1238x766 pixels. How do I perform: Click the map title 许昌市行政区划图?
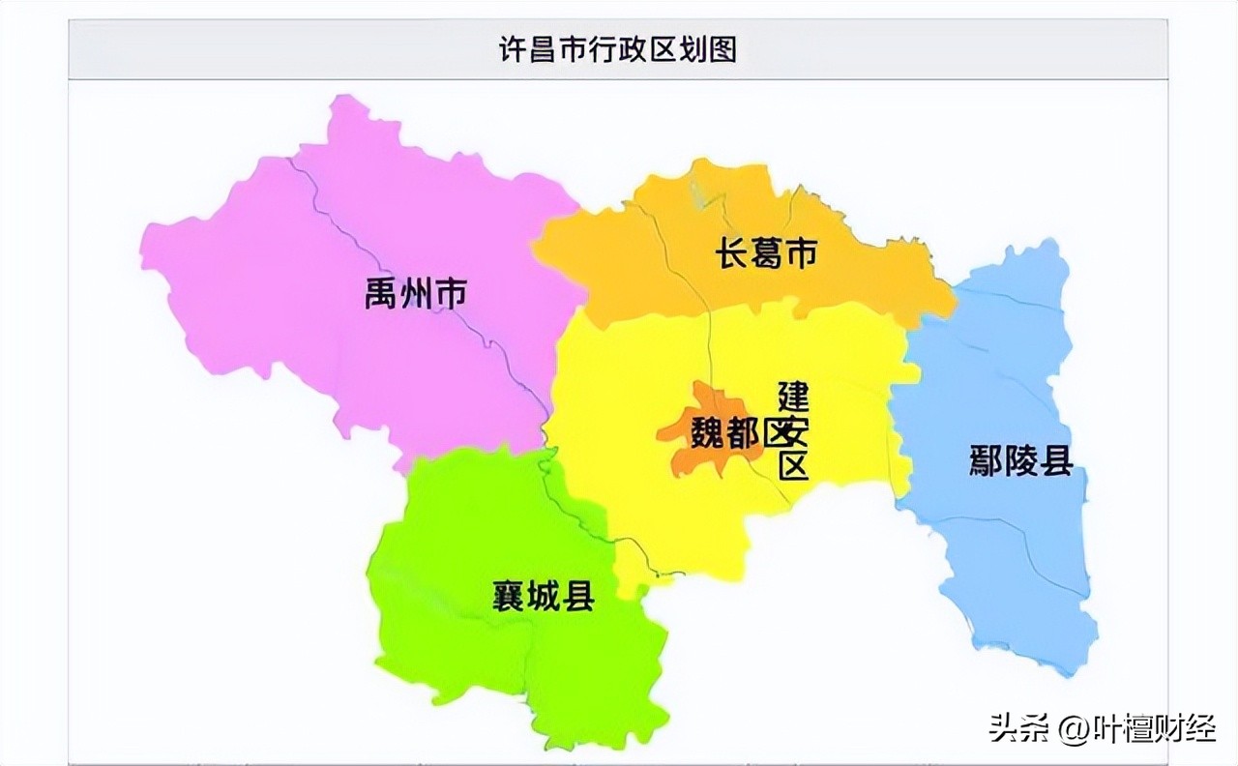[618, 48]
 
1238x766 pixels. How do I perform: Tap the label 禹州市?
[416, 292]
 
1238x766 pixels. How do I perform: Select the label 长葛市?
[766, 254]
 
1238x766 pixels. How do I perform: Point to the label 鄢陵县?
[1021, 461]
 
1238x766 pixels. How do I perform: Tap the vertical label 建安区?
[794, 431]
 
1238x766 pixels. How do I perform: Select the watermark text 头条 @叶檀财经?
[1102, 728]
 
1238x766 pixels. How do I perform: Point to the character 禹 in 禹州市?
[382, 292]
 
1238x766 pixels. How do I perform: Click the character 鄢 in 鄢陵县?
[987, 461]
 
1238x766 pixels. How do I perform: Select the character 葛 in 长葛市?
[766, 254]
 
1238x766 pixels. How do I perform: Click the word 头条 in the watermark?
[1011, 728]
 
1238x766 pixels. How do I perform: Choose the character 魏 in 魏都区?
[707, 434]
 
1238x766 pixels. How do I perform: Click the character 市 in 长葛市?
[800, 254]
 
